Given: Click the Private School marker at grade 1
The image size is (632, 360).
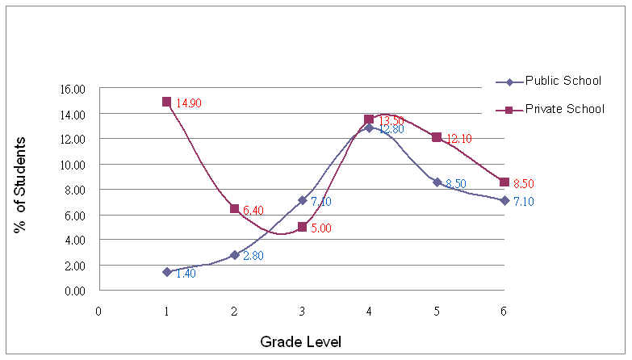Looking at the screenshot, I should click(x=166, y=102).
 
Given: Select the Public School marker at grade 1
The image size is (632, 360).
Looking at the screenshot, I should click(x=166, y=272).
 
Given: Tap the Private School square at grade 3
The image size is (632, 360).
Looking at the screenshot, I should click(x=302, y=227).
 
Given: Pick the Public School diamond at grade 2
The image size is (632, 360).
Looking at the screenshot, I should click(x=234, y=254).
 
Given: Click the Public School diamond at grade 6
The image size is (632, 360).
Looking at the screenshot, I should click(x=504, y=200).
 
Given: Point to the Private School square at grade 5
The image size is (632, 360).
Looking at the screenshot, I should click(x=437, y=137).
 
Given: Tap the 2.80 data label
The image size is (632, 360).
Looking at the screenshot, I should click(x=253, y=256).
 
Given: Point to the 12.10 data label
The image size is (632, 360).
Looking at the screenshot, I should click(x=458, y=139).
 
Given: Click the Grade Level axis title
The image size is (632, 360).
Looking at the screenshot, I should click(x=301, y=342).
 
